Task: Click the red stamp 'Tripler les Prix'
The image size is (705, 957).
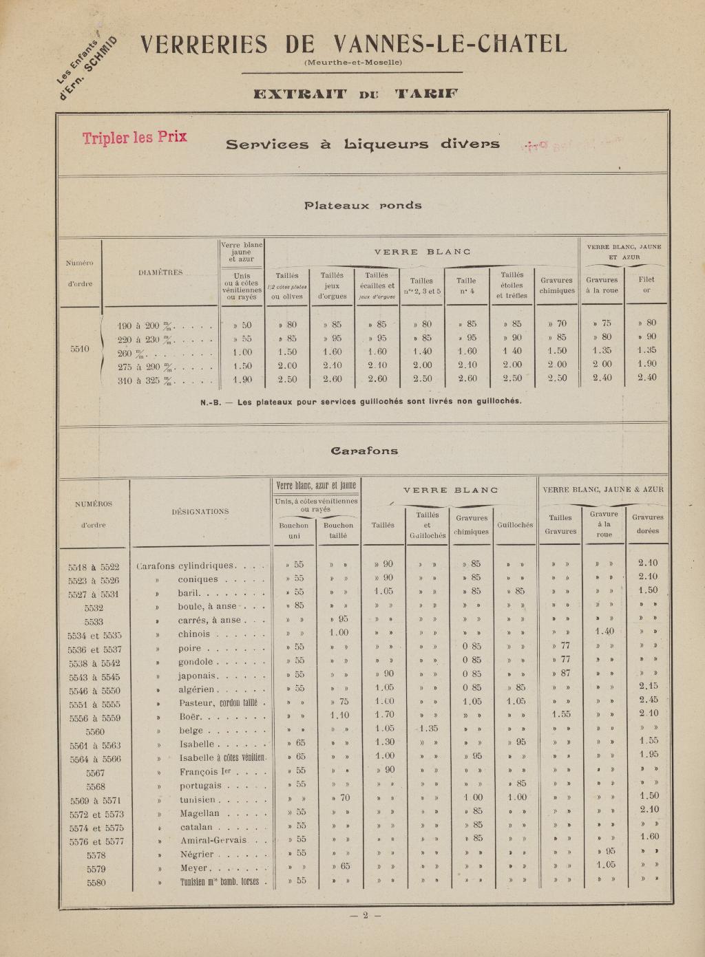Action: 135,137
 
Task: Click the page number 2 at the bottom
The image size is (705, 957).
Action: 366,915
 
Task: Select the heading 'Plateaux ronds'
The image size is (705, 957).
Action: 363,205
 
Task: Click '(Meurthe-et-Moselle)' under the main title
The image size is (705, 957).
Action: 352,63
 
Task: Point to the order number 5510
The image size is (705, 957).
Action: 79,350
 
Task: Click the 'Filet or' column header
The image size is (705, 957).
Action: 646,285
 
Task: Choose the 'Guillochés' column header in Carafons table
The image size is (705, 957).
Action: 516,525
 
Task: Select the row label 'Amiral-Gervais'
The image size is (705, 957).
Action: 213,840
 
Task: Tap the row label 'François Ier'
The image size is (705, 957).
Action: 204,772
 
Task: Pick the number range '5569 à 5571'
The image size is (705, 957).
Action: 94,800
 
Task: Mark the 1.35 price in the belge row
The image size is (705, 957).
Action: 427,729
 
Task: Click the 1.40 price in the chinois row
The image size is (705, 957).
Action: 604,632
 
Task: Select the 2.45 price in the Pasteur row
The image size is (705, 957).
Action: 647,701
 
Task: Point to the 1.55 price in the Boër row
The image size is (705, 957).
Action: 560,715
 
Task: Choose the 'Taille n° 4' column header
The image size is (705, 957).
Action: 466,286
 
